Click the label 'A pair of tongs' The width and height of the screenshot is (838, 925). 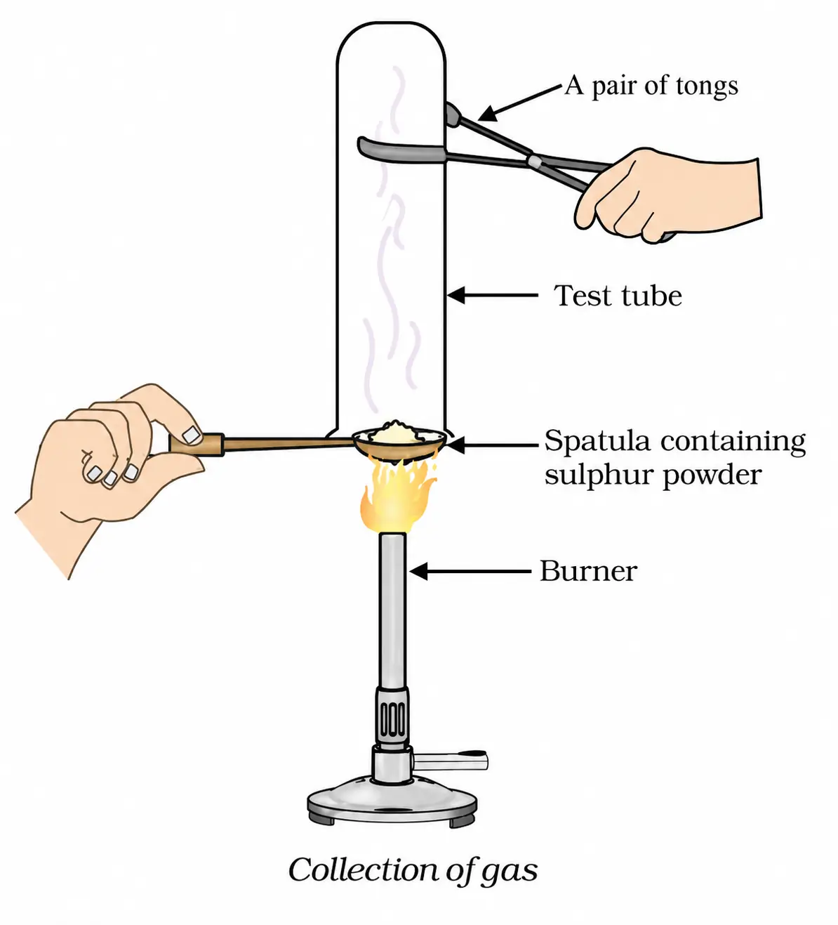tap(651, 86)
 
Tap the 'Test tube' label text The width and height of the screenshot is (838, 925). tap(618, 296)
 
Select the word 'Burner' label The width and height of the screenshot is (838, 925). tap(588, 571)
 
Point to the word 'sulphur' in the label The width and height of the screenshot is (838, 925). tap(598, 475)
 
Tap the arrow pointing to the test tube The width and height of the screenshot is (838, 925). tap(493, 295)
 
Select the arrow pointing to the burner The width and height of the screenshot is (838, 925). tap(470, 572)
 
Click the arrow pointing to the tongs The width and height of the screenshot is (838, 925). tap(519, 103)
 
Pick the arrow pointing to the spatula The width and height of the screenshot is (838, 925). tap(492, 445)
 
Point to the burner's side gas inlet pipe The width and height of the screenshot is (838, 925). tap(450, 761)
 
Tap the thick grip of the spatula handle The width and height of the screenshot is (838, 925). tap(197, 445)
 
